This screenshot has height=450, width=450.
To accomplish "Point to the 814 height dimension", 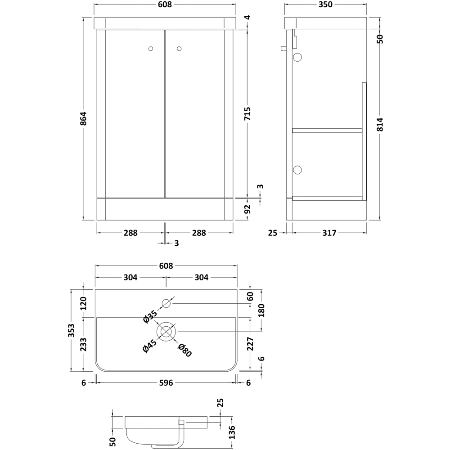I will tap(380, 124).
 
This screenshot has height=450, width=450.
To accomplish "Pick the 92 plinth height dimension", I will tap(247, 210).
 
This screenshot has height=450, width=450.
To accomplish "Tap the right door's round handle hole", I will tap(179, 49).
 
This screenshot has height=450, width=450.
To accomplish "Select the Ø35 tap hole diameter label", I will tap(149, 316).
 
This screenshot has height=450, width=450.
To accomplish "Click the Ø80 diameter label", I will tap(185, 350).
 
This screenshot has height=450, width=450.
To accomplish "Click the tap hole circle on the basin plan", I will tap(166, 303).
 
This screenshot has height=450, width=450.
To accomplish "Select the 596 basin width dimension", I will tap(166, 383).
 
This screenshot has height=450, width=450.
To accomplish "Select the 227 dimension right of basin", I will tap(251, 344).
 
